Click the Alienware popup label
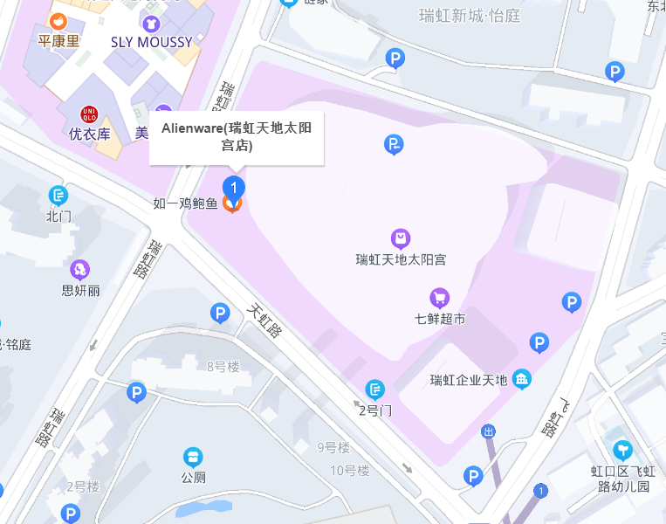click(x=237, y=137)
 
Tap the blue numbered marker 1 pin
click(x=233, y=186)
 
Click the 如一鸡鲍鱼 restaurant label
click(x=185, y=203)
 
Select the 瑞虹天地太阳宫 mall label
click(x=401, y=259)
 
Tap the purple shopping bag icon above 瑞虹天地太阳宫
click(x=401, y=238)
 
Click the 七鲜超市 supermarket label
click(x=440, y=319)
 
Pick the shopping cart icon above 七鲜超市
click(x=440, y=298)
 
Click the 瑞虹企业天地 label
click(x=469, y=380)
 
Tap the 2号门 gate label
click(x=375, y=409)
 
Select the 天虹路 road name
click(x=264, y=321)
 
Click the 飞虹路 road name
click(x=552, y=419)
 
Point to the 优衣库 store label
click(x=89, y=134)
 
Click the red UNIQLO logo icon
click(x=89, y=114)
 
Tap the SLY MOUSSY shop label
click(x=152, y=42)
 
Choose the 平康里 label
click(x=58, y=41)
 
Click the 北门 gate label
click(x=58, y=216)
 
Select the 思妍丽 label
click(x=80, y=290)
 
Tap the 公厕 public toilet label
click(x=193, y=477)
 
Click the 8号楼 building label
click(x=223, y=366)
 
